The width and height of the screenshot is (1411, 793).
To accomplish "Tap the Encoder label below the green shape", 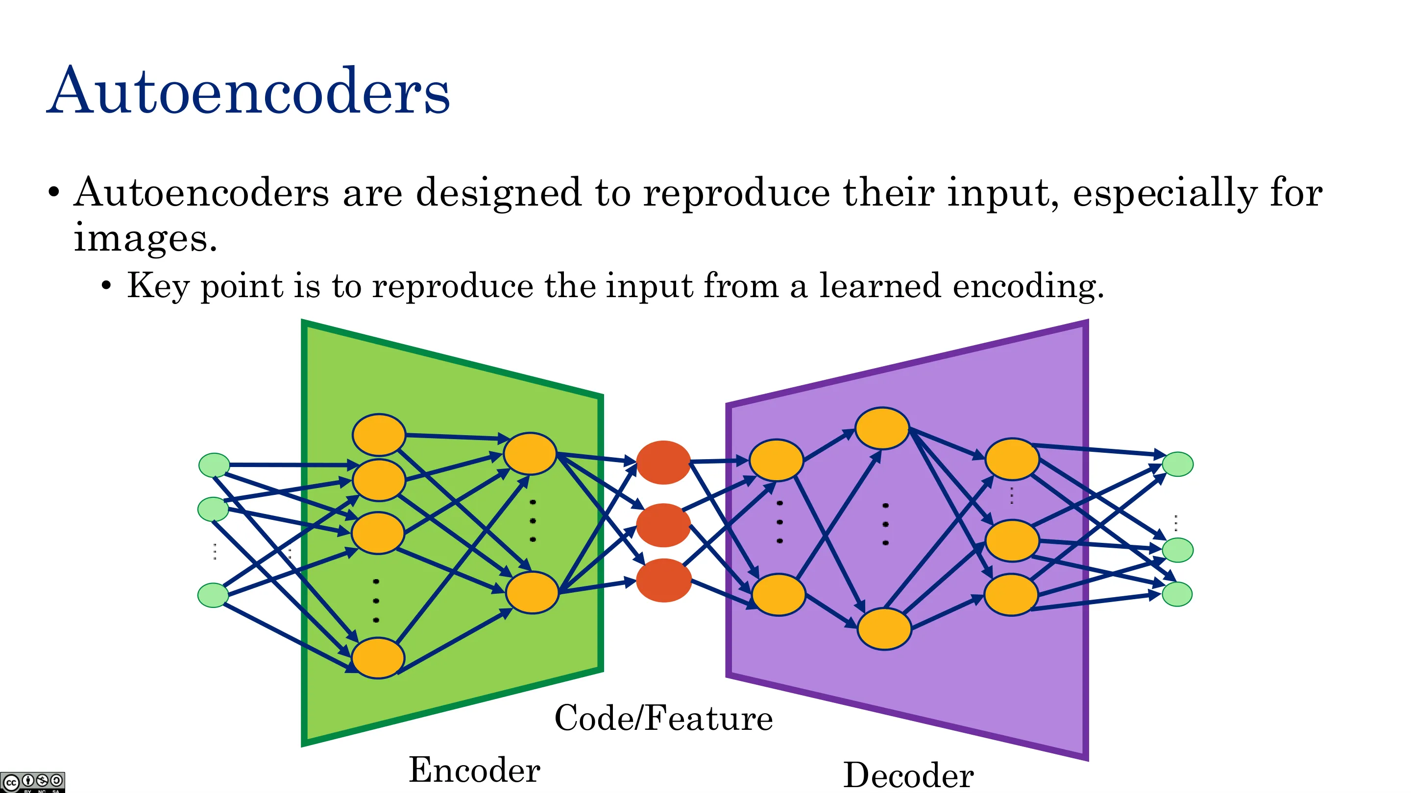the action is click(475, 770).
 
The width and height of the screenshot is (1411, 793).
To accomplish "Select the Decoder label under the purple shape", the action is click(908, 775).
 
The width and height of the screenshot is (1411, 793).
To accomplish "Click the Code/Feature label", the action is click(663, 718).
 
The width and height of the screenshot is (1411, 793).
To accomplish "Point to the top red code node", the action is click(663, 463).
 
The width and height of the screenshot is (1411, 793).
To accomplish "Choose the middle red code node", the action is click(663, 525).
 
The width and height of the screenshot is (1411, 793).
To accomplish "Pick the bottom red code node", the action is click(663, 580).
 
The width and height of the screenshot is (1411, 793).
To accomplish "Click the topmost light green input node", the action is click(214, 465).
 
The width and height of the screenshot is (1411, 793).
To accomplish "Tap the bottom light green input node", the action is click(213, 595).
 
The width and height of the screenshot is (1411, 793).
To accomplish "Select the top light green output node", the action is click(1178, 464).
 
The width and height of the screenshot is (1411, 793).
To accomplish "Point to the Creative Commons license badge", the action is click(32, 782).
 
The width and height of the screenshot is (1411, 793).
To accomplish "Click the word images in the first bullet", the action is click(146, 238).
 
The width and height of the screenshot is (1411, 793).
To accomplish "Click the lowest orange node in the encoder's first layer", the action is click(378, 658).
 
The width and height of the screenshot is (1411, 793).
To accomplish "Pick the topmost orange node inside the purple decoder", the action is click(882, 428).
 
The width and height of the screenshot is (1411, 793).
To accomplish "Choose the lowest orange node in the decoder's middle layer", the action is click(884, 629).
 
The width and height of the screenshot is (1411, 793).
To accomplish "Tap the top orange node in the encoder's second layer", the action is click(530, 454).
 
